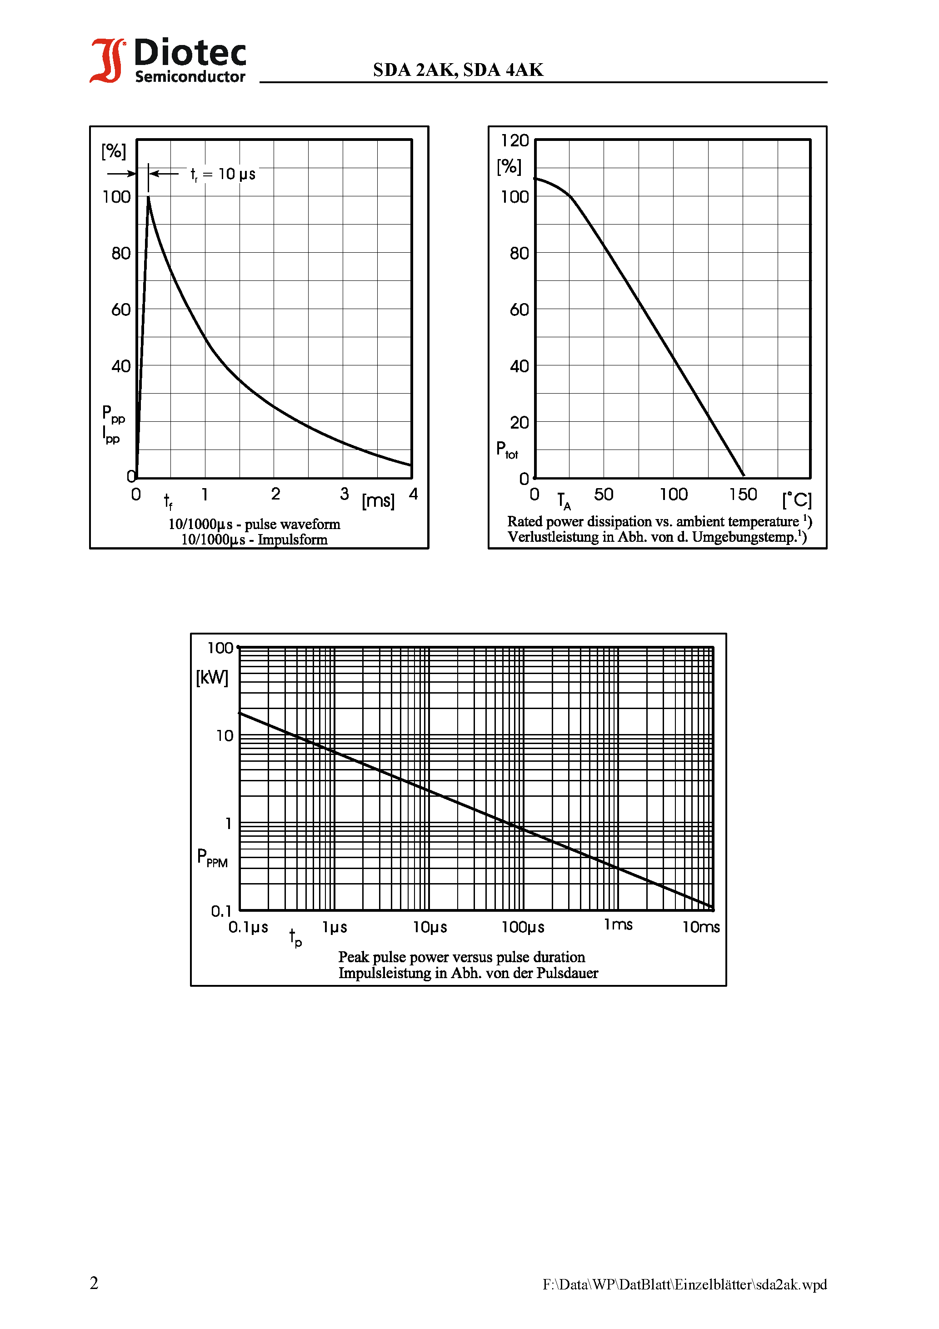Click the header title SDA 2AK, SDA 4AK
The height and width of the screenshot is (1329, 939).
(458, 70)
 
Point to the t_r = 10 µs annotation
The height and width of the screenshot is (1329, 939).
(223, 174)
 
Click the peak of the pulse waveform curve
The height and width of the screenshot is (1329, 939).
(148, 198)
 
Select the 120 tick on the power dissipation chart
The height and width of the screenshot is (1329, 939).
(514, 140)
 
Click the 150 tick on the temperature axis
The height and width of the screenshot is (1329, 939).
(743, 495)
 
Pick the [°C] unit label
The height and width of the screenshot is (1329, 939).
(797, 500)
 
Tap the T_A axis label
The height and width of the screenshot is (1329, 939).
(563, 501)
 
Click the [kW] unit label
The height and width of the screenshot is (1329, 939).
(212, 677)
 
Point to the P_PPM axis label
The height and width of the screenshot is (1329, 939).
(212, 857)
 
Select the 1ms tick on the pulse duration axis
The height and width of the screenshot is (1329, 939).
(618, 925)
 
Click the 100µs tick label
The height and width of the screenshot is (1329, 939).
(523, 927)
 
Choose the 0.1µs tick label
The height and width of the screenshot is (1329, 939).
(248, 927)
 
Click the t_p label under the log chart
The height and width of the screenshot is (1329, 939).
(295, 937)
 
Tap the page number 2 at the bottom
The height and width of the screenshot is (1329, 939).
(95, 1283)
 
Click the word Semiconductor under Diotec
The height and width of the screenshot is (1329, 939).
(190, 77)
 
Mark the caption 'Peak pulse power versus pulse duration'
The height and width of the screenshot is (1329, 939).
(461, 957)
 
